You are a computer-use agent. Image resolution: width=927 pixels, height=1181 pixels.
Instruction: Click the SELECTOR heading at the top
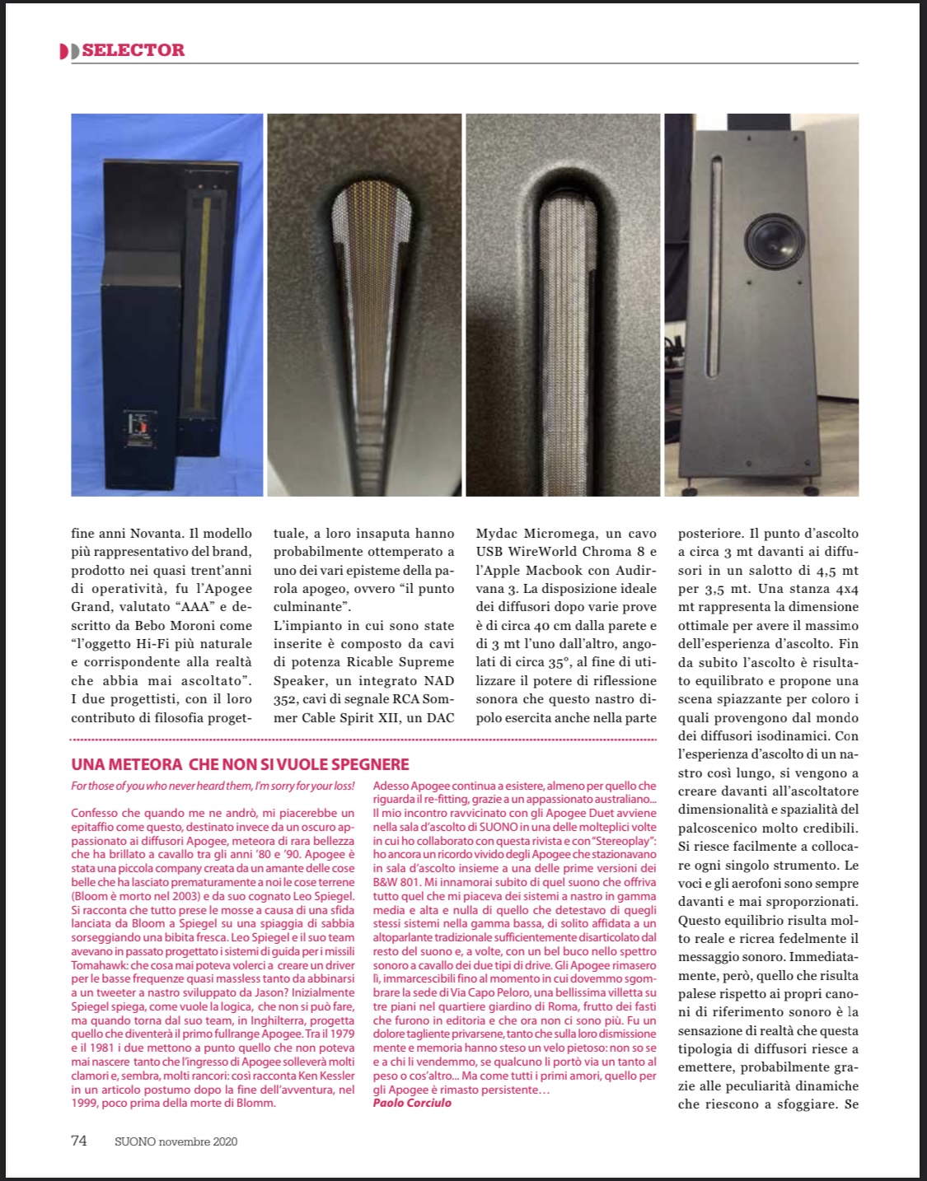click(x=133, y=50)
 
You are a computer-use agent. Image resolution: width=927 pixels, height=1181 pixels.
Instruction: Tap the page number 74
click(x=79, y=1141)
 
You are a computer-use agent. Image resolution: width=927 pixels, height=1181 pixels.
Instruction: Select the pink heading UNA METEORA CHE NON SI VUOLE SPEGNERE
click(x=240, y=764)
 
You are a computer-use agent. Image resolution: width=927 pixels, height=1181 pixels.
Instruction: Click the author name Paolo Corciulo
click(x=412, y=1103)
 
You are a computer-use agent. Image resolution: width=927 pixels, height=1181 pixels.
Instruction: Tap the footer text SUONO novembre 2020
click(x=176, y=1141)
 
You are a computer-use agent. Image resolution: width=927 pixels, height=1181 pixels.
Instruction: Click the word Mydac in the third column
click(x=498, y=534)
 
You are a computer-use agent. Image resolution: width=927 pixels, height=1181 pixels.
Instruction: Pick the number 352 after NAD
click(x=286, y=699)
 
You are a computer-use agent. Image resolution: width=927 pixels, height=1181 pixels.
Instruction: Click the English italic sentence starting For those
click(x=213, y=787)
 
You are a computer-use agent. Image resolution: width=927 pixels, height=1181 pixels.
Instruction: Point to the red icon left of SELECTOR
click(x=69, y=51)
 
